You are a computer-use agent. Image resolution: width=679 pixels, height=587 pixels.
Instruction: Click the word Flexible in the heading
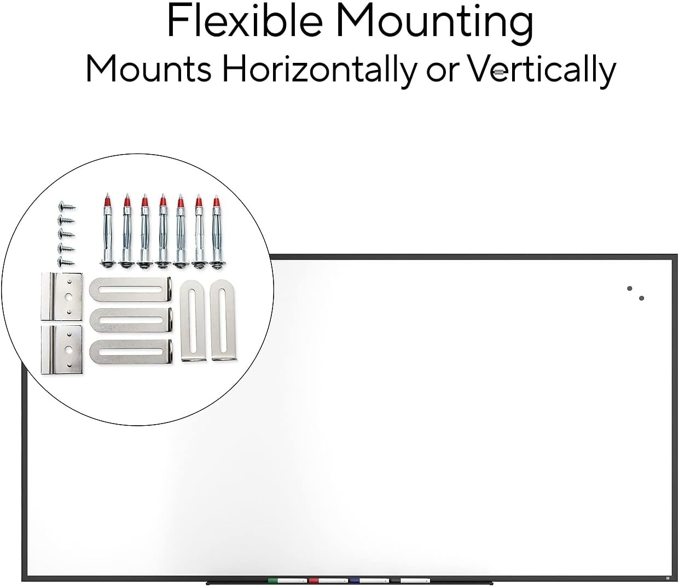point(245,20)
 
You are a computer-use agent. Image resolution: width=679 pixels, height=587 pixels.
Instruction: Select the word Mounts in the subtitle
point(148,68)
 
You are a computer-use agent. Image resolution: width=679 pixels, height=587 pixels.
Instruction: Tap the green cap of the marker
point(273,580)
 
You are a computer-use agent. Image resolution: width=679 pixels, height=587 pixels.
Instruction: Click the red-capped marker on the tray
point(328,580)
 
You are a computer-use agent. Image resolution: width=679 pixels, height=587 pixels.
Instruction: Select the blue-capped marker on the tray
point(369,580)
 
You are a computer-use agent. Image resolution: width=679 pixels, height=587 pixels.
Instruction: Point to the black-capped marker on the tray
point(410,580)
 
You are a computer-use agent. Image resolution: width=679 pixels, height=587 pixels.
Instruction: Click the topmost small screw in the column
point(67,207)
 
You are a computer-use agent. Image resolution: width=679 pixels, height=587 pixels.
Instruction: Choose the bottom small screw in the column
point(66,261)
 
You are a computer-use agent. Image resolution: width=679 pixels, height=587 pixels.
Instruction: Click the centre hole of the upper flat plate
point(68,297)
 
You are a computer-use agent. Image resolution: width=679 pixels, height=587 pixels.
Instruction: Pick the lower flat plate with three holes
point(62,349)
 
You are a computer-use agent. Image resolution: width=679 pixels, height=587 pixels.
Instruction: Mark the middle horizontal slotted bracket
point(131,320)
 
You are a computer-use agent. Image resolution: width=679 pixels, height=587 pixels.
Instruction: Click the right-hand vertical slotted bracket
point(223,321)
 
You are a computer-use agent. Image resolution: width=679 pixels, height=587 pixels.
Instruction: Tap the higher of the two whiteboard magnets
point(629,289)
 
